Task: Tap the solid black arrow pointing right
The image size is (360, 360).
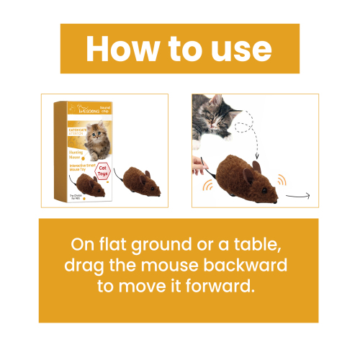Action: [x=302, y=195]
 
